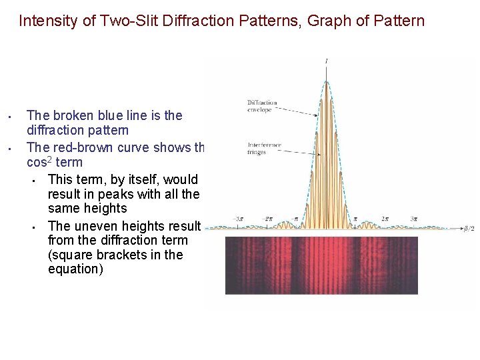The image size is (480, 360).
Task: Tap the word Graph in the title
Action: (x=320, y=21)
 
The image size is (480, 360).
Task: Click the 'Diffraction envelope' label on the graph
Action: (x=261, y=106)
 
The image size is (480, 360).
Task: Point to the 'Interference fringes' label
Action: (x=264, y=148)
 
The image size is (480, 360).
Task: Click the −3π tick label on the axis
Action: (x=238, y=219)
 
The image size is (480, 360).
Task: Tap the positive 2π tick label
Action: (x=385, y=219)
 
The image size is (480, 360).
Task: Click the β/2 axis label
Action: (x=469, y=229)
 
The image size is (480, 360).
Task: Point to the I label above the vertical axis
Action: (x=326, y=61)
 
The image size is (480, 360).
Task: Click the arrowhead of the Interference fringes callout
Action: (x=321, y=155)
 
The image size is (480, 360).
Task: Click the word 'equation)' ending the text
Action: (x=75, y=270)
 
